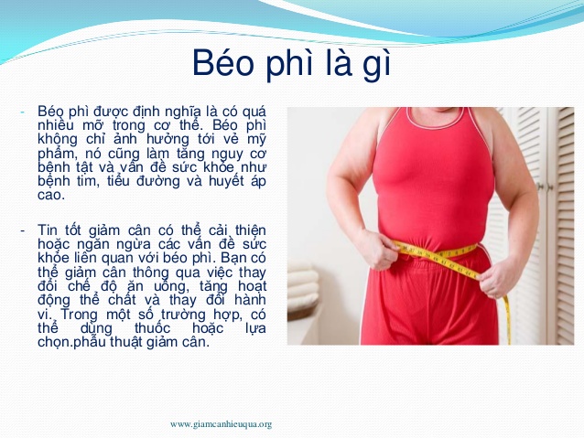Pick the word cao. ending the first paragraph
click(51, 195)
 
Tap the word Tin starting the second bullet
click(48, 230)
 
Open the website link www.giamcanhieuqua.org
click(222, 424)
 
